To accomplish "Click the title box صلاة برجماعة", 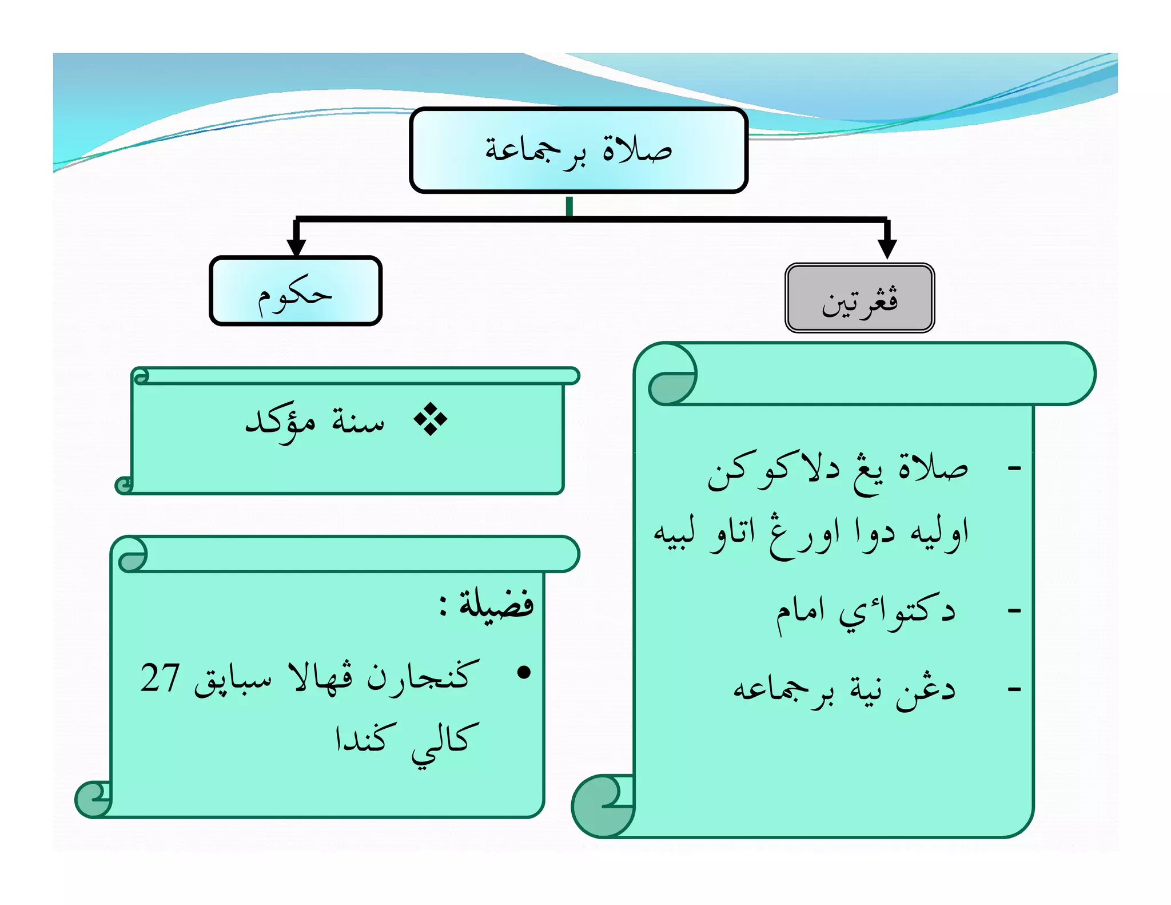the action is pos(578,150).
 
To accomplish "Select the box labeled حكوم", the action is pos(295,291).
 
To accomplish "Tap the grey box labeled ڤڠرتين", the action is pos(859,298).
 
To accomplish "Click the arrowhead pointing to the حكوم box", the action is pos(296,246).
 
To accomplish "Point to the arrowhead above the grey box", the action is pos(887,248).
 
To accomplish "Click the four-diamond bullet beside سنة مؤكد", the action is pos(430,419).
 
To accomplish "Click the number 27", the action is pos(160,678).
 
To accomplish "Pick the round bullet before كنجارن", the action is pos(523,673).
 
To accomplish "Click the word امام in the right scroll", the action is pos(800,613).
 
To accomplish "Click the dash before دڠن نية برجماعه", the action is pos(1014,689).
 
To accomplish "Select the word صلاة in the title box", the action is pos(638,150).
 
